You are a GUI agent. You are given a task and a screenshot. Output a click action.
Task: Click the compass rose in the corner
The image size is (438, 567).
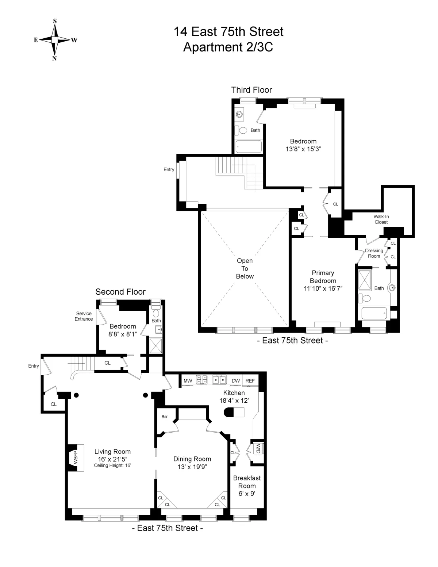click(55, 40)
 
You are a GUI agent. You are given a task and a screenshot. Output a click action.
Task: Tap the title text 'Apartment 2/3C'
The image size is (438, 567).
click(228, 47)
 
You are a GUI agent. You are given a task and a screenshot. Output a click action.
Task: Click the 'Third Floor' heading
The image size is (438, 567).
click(251, 90)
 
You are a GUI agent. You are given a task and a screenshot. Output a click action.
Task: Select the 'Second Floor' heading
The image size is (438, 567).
click(120, 292)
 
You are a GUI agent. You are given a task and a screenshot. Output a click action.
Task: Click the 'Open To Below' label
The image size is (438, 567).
click(245, 268)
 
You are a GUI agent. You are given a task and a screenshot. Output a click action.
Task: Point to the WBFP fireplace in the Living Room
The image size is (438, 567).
click(75, 458)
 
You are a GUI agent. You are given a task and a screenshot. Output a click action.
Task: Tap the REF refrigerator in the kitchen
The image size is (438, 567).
click(250, 381)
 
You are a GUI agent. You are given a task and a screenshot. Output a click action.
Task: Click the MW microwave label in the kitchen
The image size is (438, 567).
click(188, 381)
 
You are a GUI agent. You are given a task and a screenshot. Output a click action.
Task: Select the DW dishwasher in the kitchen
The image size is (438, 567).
click(236, 381)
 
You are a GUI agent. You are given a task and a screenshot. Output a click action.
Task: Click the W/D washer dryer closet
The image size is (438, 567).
click(258, 449)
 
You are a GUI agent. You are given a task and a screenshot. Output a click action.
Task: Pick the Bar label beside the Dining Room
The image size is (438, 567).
click(165, 417)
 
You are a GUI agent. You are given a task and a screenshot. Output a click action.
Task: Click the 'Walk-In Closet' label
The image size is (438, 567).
click(381, 219)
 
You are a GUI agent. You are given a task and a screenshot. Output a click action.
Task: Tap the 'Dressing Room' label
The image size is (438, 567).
click(374, 253)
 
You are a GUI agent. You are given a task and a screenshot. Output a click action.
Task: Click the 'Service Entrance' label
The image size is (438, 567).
click(84, 316)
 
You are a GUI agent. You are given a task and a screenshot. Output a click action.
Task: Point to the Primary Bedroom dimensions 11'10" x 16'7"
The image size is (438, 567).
click(323, 289)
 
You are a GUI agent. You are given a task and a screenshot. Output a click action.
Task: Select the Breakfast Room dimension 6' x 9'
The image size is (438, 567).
click(247, 494)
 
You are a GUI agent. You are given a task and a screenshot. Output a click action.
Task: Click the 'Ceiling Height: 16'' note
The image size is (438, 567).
click(112, 466)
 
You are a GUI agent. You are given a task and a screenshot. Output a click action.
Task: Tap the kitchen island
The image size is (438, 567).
click(234, 412)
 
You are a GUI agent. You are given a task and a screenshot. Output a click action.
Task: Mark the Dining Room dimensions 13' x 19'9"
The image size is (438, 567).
click(192, 467)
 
